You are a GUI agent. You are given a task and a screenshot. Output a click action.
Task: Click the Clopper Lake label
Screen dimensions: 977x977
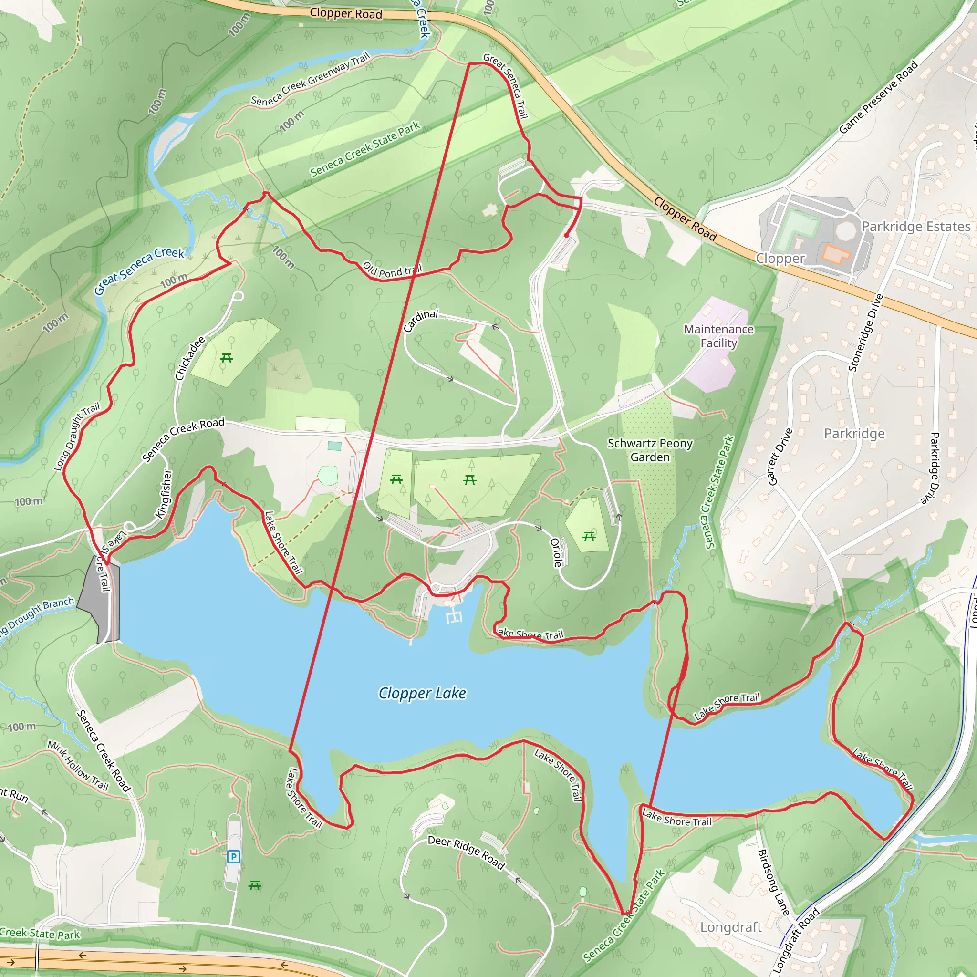(422, 693)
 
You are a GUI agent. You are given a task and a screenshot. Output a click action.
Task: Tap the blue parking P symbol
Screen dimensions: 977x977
(233, 857)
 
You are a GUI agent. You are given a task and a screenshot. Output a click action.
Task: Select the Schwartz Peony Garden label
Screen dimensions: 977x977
(650, 450)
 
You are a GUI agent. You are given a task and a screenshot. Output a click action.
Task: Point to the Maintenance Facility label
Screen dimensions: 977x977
(718, 336)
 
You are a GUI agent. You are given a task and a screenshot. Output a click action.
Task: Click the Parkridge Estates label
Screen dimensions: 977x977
(916, 226)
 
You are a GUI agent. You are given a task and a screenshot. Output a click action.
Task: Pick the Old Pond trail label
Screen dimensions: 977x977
(392, 270)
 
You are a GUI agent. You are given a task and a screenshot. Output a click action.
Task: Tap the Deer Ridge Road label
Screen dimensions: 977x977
(466, 852)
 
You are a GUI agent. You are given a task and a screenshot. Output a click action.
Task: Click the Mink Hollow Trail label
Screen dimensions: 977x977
(78, 766)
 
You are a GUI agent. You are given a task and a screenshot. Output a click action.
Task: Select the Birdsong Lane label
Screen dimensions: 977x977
(773, 883)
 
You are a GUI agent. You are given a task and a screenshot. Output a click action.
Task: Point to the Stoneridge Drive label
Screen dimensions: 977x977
(865, 333)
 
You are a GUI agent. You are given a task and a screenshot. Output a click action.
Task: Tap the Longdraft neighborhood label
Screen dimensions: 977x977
(731, 927)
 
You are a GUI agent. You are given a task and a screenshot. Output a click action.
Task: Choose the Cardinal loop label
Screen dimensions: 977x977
(421, 320)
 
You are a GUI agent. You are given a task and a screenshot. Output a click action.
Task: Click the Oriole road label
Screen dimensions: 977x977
(556, 552)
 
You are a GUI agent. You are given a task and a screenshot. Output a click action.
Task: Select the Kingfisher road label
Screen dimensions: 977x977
(164, 494)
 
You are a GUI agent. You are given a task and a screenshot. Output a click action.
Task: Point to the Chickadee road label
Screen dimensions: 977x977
(190, 358)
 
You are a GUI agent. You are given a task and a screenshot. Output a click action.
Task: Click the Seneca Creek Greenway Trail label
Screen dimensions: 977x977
(311, 79)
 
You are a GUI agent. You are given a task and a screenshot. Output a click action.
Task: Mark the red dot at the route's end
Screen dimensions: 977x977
(566, 235)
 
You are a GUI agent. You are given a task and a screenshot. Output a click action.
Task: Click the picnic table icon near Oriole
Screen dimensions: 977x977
(589, 537)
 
